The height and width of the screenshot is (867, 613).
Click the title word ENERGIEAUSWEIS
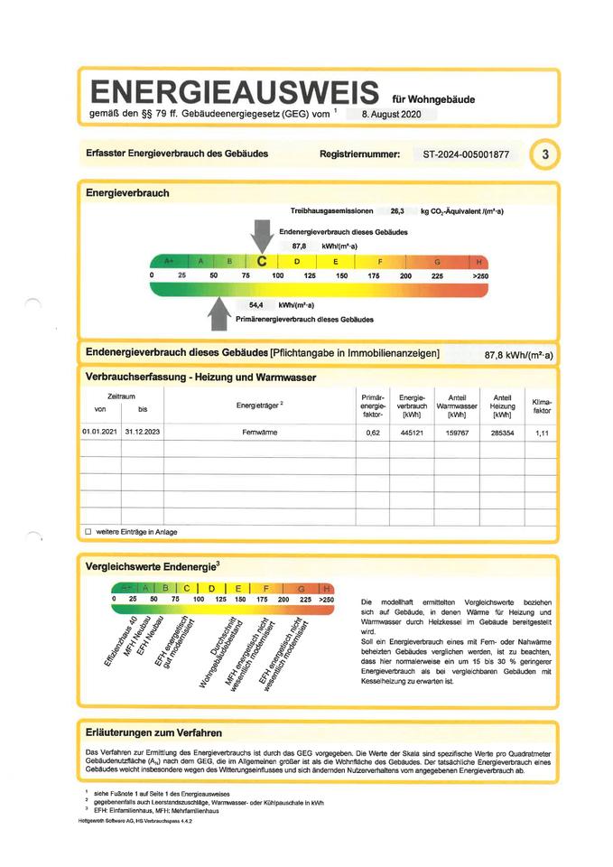coord(233,92)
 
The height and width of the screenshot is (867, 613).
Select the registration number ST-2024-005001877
coord(466,154)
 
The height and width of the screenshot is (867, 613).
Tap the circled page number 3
coord(544,154)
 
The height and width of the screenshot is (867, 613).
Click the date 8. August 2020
coord(391,116)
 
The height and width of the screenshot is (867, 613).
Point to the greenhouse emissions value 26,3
coord(396,210)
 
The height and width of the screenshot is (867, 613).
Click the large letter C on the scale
coord(262,261)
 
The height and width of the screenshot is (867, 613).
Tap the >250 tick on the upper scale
coord(479,275)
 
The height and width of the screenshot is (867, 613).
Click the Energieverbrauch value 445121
coord(412,433)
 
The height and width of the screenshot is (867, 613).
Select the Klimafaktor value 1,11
coord(542,433)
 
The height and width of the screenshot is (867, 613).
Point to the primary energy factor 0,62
coord(373,433)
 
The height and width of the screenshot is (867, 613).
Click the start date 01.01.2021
coord(99,433)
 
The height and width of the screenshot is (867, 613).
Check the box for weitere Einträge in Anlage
coord(88,532)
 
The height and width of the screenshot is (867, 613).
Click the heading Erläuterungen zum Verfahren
coord(153,732)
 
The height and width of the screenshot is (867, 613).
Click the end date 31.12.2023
coord(142,433)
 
